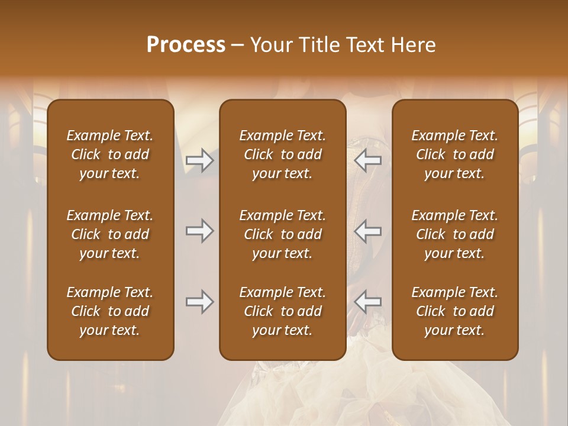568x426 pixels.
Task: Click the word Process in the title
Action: point(186,45)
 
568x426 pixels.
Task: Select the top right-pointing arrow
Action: point(200,160)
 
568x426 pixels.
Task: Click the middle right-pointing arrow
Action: point(200,230)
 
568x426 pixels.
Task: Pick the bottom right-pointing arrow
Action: point(200,302)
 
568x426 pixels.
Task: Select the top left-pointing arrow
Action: point(367,160)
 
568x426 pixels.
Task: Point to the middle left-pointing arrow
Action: point(367,230)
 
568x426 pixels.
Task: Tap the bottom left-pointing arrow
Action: point(367,302)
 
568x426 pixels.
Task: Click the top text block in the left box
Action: point(110,154)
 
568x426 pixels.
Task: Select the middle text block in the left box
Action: point(110,234)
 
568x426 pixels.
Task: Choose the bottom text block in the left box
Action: point(110,311)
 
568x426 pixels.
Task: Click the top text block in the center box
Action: point(283,154)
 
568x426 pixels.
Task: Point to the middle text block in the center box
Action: point(283,234)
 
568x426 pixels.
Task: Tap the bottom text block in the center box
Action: point(283,311)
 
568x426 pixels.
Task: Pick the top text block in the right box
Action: point(455,154)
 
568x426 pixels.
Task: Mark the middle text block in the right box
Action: point(455,234)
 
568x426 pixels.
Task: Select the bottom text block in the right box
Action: point(455,311)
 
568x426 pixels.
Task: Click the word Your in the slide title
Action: point(270,45)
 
